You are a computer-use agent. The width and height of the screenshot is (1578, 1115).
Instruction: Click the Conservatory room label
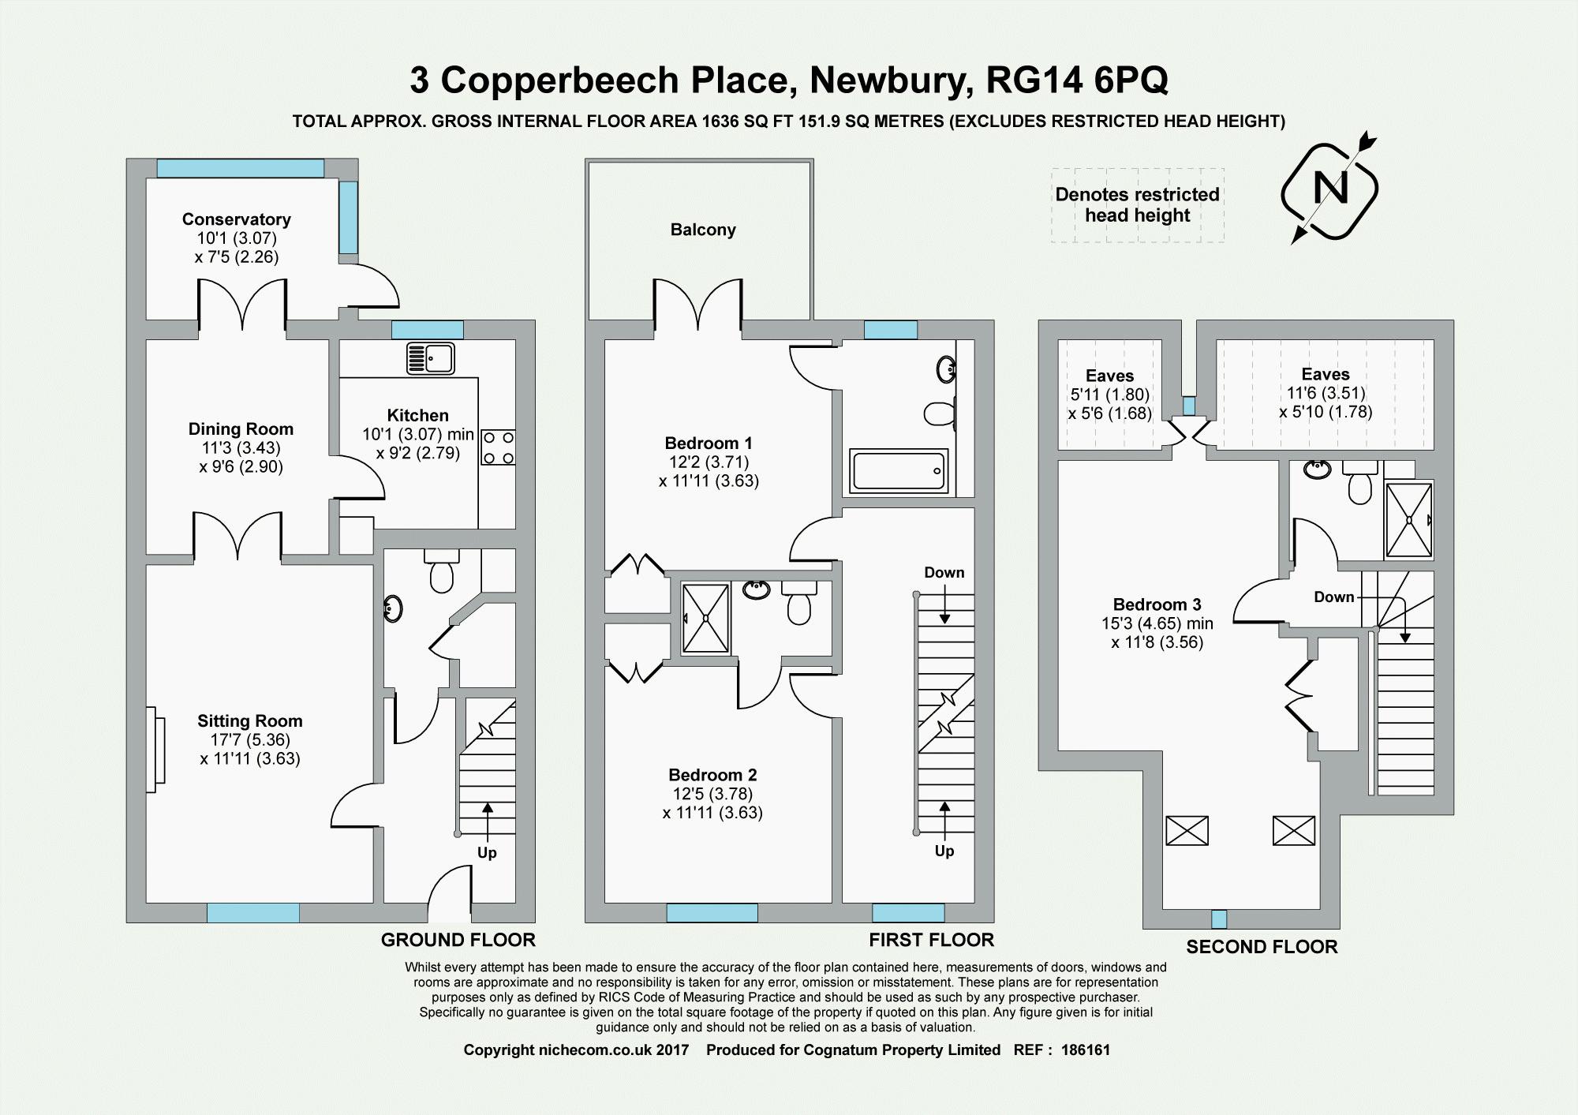(x=237, y=219)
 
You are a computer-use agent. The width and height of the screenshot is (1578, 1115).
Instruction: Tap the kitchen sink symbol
(x=430, y=358)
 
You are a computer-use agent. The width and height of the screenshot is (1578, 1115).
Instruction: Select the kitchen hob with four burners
(x=498, y=447)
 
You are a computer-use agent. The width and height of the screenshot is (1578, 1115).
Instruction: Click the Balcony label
(x=703, y=230)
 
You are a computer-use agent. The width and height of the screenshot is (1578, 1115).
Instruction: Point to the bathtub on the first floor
(x=899, y=471)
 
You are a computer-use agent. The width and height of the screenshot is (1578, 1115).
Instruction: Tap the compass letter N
(x=1330, y=188)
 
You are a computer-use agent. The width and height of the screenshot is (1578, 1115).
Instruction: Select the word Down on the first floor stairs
(x=944, y=572)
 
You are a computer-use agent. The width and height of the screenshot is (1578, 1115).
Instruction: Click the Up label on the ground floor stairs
(x=487, y=853)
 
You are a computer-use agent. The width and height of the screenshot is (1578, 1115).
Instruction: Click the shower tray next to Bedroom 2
(x=706, y=618)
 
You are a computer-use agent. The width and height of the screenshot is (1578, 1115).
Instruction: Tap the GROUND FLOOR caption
(x=458, y=940)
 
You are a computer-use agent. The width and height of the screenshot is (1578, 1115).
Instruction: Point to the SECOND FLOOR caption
(x=1262, y=947)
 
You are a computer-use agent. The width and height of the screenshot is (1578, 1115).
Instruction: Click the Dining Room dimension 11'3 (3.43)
(x=241, y=447)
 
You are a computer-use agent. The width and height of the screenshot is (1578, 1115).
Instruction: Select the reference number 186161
(x=1086, y=1050)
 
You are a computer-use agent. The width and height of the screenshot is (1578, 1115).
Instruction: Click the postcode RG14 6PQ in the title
(x=1077, y=80)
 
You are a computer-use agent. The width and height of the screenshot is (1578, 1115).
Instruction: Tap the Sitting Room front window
(x=253, y=913)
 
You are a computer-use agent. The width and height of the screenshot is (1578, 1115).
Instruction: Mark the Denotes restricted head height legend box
(x=1138, y=205)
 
